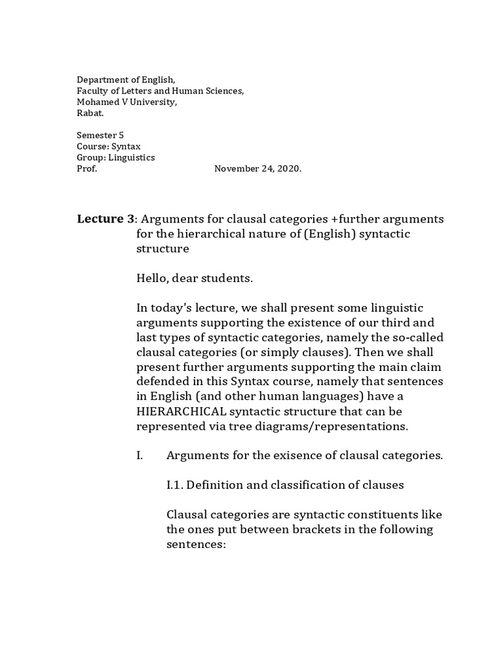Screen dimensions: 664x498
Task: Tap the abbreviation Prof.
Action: click(87, 168)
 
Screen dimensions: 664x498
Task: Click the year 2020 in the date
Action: click(288, 168)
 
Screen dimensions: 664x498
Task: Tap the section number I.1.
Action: click(177, 485)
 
